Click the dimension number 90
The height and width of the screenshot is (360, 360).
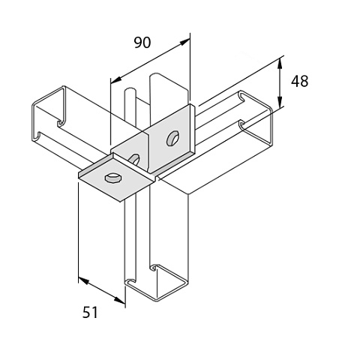coord(142,43)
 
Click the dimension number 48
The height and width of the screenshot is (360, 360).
coord(299,81)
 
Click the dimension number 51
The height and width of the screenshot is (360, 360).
coord(90,313)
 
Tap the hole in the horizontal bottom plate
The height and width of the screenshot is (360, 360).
coord(113,178)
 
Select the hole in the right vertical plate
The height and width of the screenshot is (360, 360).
coord(172,138)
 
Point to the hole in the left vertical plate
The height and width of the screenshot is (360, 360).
coord(134,159)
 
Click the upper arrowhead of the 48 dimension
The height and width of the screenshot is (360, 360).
coord(280,63)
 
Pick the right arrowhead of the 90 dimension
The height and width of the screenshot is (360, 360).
coord(184,42)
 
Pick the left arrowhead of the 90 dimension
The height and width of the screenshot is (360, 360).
coord(115,80)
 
